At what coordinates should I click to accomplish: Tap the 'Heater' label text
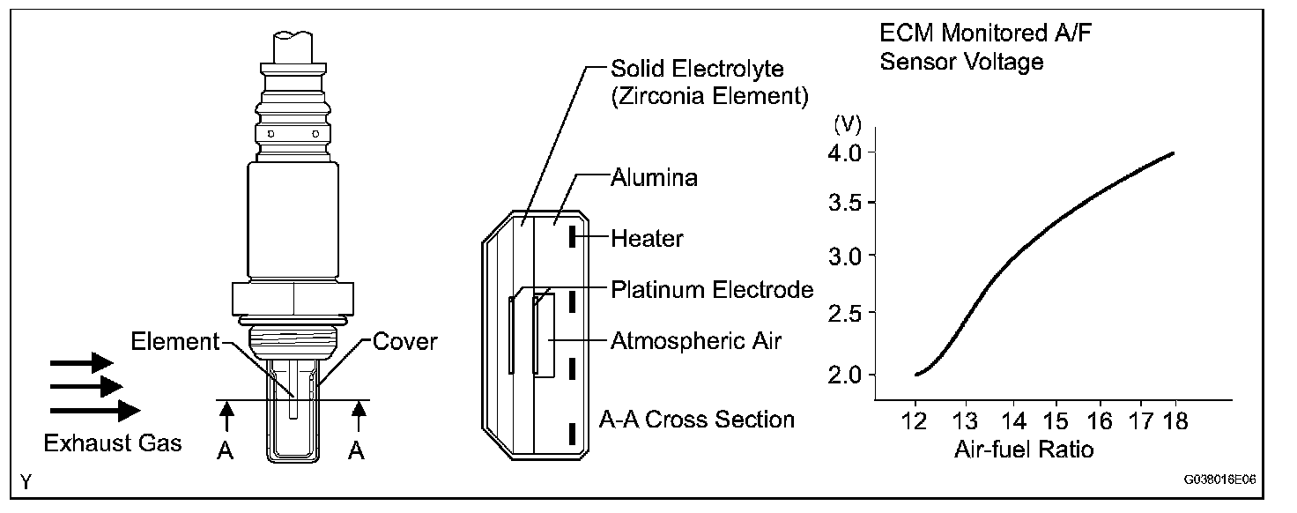tap(647, 238)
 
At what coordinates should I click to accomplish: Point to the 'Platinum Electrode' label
tap(712, 289)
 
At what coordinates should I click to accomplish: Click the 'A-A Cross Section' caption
tap(696, 419)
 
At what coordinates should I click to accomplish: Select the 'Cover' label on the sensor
tap(405, 341)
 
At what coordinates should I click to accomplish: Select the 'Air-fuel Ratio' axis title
tap(1023, 450)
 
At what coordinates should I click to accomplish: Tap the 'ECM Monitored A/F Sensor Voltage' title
tap(962, 48)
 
